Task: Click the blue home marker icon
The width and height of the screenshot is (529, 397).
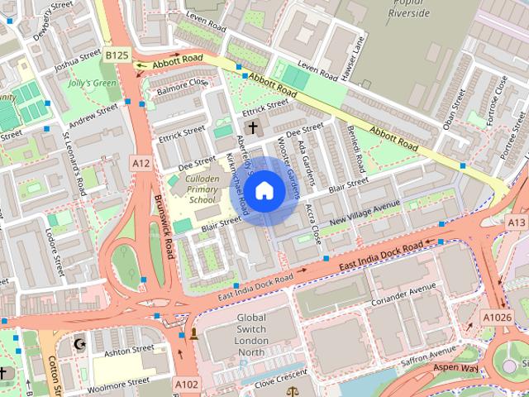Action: (x=264, y=191)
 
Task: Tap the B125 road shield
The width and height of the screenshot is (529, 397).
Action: (x=117, y=55)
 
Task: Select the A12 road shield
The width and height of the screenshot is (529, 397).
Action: (x=141, y=164)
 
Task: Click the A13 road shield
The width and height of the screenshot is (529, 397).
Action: (x=517, y=223)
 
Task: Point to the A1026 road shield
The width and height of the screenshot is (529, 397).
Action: (x=497, y=317)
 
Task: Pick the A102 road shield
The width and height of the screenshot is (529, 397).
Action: (x=185, y=384)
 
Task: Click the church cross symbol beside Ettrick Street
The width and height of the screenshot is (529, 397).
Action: (x=252, y=127)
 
